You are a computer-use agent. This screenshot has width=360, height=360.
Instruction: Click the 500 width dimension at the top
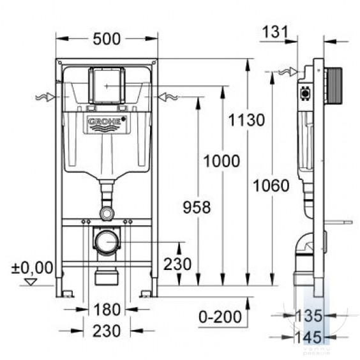coord(107,39)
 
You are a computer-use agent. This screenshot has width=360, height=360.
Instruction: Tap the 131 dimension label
coord(275,32)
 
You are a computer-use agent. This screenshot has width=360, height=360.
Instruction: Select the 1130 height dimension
coord(246,120)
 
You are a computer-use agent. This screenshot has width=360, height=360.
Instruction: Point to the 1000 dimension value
coord(221,161)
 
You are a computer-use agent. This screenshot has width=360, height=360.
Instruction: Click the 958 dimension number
coord(197,207)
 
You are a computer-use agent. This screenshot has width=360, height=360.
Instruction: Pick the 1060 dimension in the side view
coord(271,186)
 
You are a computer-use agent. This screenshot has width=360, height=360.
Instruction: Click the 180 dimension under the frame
coord(107,310)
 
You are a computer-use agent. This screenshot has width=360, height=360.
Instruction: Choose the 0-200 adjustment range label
coord(220,317)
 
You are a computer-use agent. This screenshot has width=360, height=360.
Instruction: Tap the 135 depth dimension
coord(309,316)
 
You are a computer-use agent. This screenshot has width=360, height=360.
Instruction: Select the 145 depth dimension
coord(308,337)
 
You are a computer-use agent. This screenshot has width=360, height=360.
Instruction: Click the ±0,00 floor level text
coord(33,267)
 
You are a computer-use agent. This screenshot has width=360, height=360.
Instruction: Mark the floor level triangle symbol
coord(31,281)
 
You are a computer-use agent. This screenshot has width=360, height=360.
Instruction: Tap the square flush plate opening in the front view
coord(107,86)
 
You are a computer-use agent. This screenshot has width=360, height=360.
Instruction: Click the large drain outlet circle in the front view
coord(107,242)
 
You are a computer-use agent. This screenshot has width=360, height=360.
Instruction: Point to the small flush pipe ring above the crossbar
coord(107,213)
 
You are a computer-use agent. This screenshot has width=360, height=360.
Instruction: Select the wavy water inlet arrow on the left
coord(45,97)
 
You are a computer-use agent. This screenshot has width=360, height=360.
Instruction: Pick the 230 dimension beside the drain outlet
coord(177,264)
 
